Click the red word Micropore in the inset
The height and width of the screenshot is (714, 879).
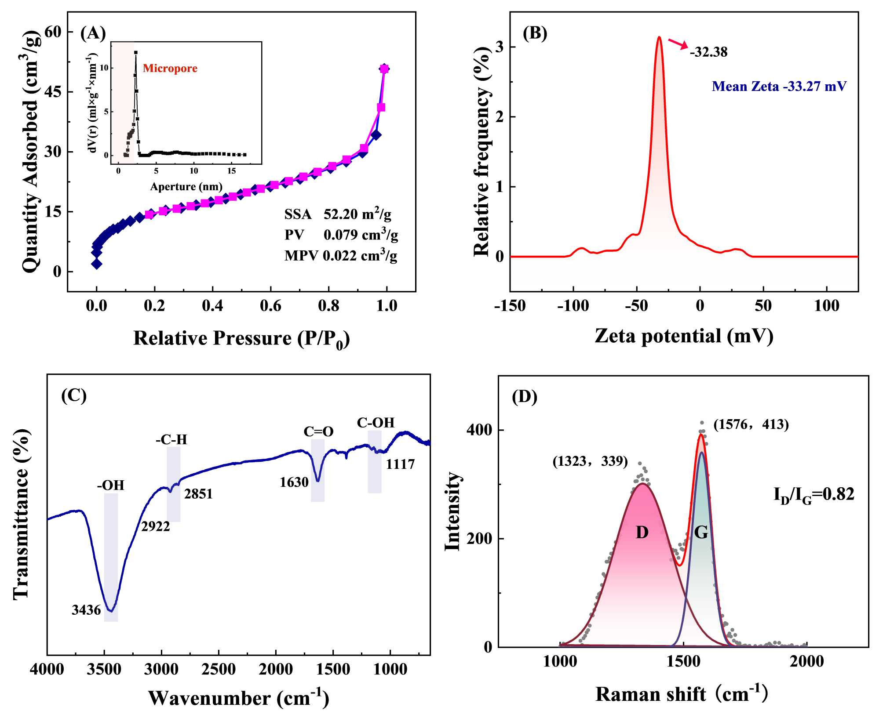[x=170, y=69]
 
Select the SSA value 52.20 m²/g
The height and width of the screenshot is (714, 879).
[x=357, y=214]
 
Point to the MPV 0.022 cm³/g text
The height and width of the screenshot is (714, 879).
[x=341, y=255]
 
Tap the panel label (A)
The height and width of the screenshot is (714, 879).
[x=93, y=33]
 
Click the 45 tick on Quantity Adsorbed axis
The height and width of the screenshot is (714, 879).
[x=53, y=92]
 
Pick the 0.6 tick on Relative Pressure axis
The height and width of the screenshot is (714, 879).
[x=270, y=306]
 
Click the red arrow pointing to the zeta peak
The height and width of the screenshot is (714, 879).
[x=678, y=44]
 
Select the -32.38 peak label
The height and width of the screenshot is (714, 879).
[x=708, y=52]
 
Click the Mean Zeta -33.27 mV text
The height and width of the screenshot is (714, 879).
[x=779, y=86]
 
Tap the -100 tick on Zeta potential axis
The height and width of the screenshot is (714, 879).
[x=573, y=306]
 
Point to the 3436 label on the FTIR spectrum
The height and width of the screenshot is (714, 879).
[x=86, y=610]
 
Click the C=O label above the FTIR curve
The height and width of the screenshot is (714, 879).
[x=318, y=431]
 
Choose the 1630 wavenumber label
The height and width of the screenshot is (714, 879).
[x=294, y=482]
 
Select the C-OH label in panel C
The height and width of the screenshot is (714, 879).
[x=376, y=423]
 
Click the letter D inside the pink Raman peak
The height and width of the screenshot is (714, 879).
[x=642, y=533]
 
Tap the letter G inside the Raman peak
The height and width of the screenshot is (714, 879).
[x=701, y=533]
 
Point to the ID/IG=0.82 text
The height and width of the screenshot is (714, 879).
[x=813, y=495]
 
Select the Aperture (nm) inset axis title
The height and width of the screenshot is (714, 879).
[x=186, y=187]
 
